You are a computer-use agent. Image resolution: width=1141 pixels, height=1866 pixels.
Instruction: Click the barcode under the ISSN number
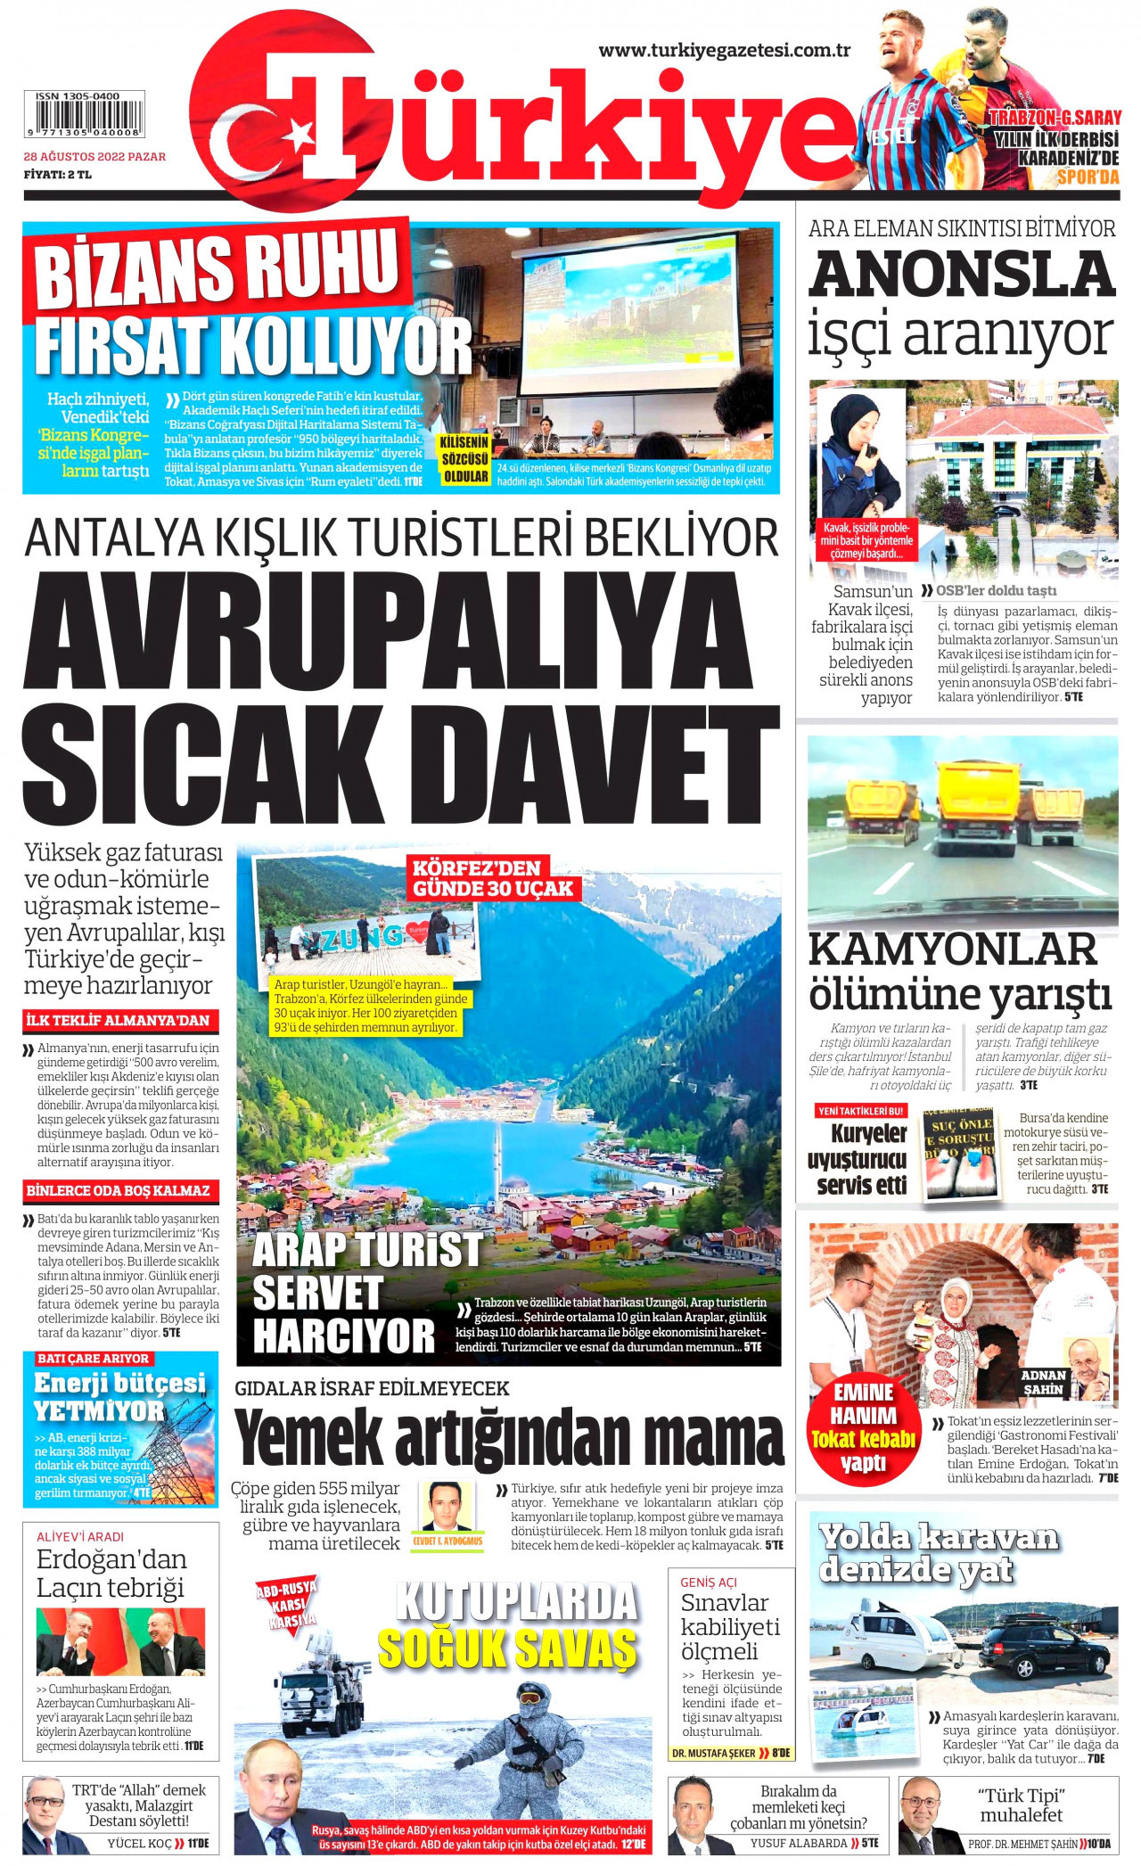88,117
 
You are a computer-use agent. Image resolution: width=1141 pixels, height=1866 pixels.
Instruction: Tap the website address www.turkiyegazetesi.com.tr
724,51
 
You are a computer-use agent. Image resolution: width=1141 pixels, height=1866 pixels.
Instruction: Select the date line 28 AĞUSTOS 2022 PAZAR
94,157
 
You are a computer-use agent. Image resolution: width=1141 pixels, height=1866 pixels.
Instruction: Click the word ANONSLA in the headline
962,274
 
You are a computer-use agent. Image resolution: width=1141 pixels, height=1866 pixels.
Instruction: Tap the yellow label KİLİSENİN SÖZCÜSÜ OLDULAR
464,458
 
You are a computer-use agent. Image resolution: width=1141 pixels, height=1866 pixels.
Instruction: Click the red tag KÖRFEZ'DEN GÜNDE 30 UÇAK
493,878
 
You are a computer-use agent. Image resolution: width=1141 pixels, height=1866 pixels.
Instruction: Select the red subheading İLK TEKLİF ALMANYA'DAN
118,1021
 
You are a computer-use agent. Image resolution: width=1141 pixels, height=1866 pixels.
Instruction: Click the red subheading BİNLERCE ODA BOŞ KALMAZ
118,1191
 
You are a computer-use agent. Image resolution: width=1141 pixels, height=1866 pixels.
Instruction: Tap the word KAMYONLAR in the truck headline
952,949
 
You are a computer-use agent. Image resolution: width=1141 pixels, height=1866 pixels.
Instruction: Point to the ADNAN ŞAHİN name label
1044,1382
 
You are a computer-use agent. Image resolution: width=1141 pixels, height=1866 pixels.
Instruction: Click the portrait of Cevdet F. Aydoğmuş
446,1507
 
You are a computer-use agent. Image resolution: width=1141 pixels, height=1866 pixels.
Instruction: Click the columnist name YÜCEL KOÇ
140,1843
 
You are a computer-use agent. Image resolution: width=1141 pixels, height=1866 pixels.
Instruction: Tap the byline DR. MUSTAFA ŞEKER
714,1753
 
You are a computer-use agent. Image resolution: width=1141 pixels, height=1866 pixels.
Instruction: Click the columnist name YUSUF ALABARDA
799,1843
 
